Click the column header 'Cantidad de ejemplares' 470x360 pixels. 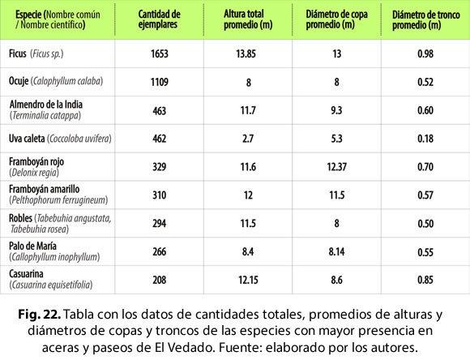pyautogui.click(x=159, y=19)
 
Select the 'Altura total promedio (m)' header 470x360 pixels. pyautogui.click(x=248, y=19)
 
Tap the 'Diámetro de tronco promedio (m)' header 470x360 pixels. pyautogui.click(x=426, y=19)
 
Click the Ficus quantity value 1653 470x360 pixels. pyautogui.click(x=160, y=54)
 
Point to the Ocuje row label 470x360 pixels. pyautogui.click(x=56, y=81)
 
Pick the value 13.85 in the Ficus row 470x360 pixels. pyautogui.click(x=246, y=54)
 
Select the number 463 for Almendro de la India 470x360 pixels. pyautogui.click(x=159, y=111)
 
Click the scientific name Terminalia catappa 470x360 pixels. pyautogui.click(x=45, y=115)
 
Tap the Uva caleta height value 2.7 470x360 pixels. pyautogui.click(x=248, y=139)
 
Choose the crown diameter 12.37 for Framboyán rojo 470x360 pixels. pyautogui.click(x=337, y=167)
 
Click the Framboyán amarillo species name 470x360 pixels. pyautogui.click(x=44, y=189)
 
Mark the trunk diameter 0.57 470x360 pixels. pyautogui.click(x=425, y=195)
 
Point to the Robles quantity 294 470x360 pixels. pyautogui.click(x=159, y=223)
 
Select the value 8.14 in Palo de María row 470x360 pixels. pyautogui.click(x=336, y=251)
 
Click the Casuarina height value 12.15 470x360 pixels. pyautogui.click(x=248, y=280)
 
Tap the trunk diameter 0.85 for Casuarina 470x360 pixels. pyautogui.click(x=425, y=280)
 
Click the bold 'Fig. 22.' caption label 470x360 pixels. pyautogui.click(x=40, y=315)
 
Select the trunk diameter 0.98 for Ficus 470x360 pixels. pyautogui.click(x=425, y=54)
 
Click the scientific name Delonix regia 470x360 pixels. pyautogui.click(x=34, y=173)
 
